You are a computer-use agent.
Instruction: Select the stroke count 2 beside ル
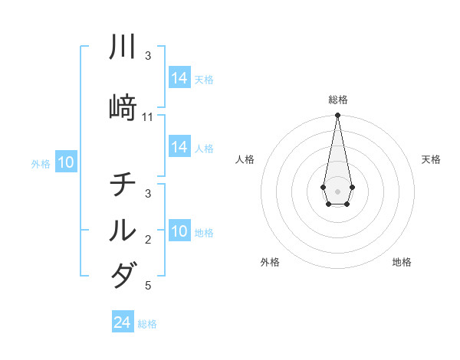[148, 240]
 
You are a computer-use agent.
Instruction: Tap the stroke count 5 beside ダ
[148, 286]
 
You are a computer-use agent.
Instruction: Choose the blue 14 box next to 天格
[179, 78]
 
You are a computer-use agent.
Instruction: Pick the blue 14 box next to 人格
[179, 147]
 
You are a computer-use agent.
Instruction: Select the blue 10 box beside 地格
[179, 231]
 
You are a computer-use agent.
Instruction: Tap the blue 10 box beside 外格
[66, 162]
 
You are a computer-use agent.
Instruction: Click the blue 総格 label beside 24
[147, 324]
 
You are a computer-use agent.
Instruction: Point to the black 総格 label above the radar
[337, 100]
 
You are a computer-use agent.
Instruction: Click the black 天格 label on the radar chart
[431, 159]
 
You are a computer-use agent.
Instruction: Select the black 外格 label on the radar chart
[270, 262]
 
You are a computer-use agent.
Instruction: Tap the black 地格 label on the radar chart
[402, 262]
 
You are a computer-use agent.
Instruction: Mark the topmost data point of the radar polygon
[337, 116]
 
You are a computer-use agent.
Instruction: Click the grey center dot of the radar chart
[337, 190]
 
